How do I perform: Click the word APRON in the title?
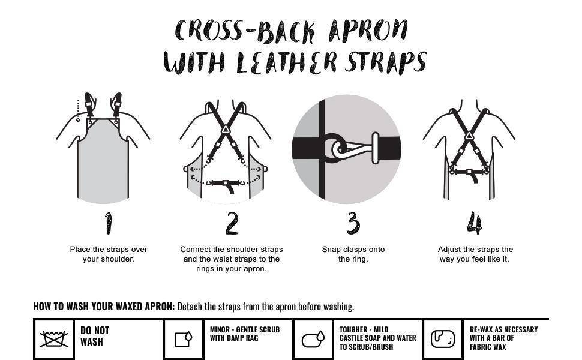pyautogui.click(x=368, y=31)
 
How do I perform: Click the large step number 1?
pyautogui.click(x=108, y=223)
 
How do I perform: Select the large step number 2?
pyautogui.click(x=232, y=223)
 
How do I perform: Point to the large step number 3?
pyautogui.click(x=353, y=223)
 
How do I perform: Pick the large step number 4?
pyautogui.click(x=475, y=223)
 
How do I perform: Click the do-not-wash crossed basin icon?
pyautogui.click(x=54, y=338)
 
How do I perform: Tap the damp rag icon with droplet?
pyautogui.click(x=184, y=339)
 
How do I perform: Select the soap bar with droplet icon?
pyautogui.click(x=313, y=339)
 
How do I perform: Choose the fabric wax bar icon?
pyautogui.click(x=442, y=339)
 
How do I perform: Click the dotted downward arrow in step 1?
pyautogui.click(x=78, y=110)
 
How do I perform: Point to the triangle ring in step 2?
pyautogui.click(x=226, y=130)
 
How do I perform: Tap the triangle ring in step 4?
pyautogui.click(x=469, y=136)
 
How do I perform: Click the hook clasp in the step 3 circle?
pyautogui.click(x=351, y=149)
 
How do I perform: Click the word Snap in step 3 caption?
pyautogui.click(x=331, y=250)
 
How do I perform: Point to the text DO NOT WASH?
pyautogui.click(x=95, y=336)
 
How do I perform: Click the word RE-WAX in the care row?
pyautogui.click(x=481, y=329)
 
